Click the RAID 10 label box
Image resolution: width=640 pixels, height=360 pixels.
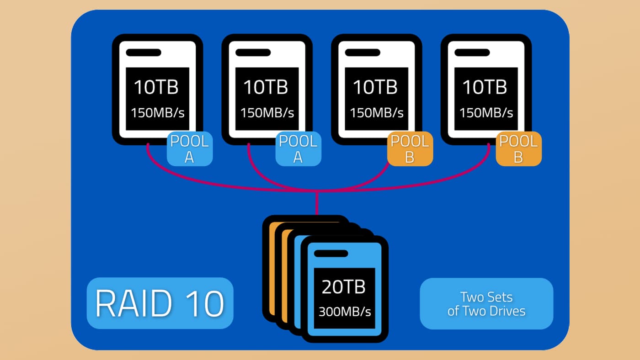[x=160, y=303]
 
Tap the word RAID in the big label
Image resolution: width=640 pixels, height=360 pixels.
[x=133, y=303]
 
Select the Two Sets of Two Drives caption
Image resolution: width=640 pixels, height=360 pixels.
[x=486, y=304]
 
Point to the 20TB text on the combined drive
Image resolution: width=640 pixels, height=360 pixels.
[x=343, y=286]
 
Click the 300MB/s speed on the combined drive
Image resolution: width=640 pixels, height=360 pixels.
[x=345, y=312]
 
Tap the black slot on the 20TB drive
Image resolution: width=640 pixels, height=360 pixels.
[x=331, y=254]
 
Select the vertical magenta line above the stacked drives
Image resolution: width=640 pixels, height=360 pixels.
[x=317, y=203]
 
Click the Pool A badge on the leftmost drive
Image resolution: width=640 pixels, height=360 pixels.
[x=190, y=149]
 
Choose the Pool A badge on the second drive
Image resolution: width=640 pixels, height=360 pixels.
[x=298, y=149]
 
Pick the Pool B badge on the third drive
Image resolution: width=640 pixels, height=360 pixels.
[x=410, y=149]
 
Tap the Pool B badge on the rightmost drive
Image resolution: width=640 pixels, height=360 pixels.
[x=518, y=149]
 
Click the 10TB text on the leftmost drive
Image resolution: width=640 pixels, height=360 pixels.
[x=156, y=87]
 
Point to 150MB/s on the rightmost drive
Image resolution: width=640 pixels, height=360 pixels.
[x=486, y=113]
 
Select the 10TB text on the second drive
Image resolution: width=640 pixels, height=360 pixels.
[x=266, y=87]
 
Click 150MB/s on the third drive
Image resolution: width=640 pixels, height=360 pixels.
[x=377, y=113]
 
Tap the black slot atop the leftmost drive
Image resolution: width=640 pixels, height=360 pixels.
[x=144, y=53]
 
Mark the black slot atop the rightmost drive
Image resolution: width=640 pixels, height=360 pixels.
[x=472, y=53]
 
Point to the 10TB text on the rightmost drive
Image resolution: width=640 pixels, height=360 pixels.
[x=485, y=87]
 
